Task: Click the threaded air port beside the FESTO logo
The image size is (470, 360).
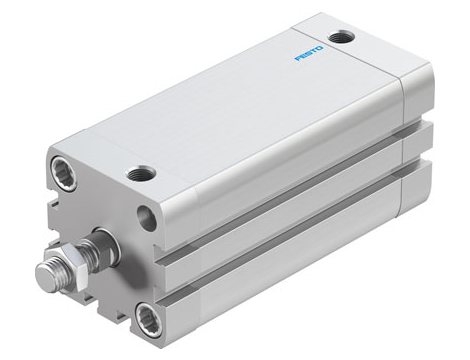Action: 345,37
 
